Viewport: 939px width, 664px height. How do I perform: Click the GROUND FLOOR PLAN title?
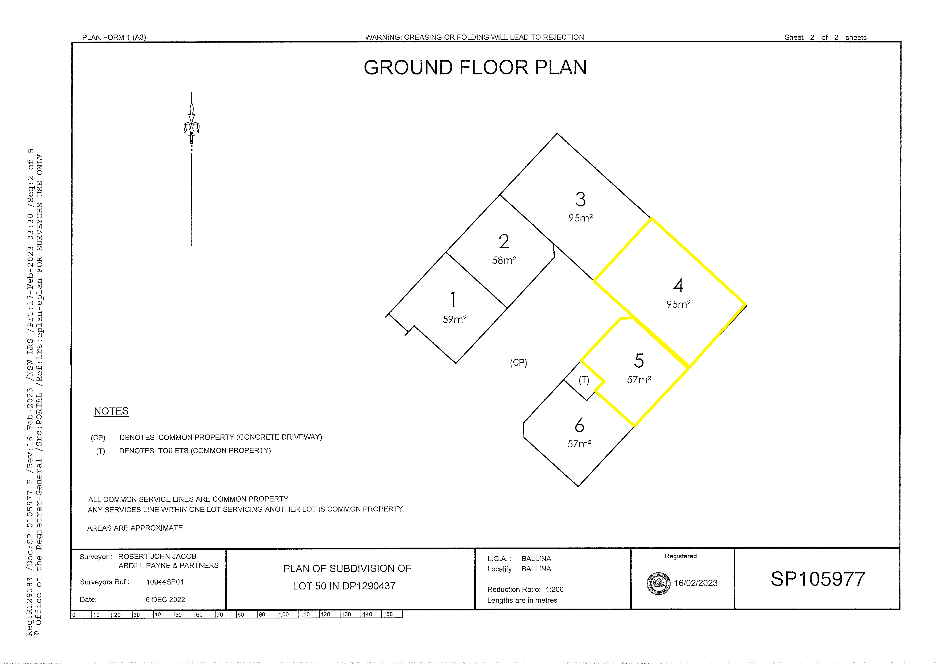click(x=475, y=67)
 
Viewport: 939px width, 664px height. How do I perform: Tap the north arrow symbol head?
click(x=191, y=123)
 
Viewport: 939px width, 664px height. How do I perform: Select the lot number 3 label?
click(x=580, y=199)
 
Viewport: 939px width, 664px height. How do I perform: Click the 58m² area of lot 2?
click(x=504, y=260)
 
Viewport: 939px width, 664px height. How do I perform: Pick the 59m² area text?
click(x=454, y=319)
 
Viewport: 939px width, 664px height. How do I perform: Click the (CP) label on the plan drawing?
click(x=518, y=363)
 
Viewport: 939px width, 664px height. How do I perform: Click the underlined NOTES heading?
click(x=111, y=411)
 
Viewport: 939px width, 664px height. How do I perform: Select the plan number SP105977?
click(x=818, y=579)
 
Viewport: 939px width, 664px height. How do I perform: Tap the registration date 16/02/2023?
click(x=696, y=583)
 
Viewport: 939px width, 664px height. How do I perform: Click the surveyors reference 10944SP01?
click(x=165, y=582)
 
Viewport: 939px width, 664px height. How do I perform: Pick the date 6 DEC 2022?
click(x=165, y=599)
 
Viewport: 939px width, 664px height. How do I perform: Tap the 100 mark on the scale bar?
click(x=284, y=614)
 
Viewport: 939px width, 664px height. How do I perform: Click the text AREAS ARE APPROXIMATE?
click(x=135, y=528)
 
